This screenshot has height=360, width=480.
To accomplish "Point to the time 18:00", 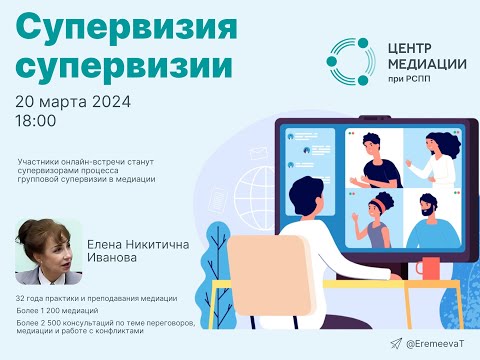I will (36, 121).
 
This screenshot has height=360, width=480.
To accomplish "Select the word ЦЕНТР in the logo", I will (410, 48).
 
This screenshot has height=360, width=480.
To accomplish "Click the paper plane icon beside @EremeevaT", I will (397, 343).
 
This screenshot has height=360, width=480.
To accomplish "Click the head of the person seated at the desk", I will (304, 191).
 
